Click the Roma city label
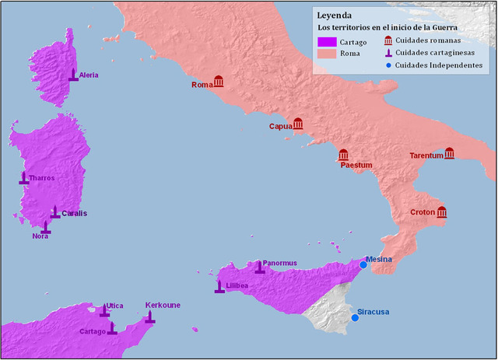(202, 85)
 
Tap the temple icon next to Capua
(297, 124)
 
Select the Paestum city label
(356, 166)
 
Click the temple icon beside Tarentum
(450, 154)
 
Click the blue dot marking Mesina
(363, 265)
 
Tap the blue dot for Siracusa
(355, 317)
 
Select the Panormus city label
(280, 263)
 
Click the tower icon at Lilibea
(219, 287)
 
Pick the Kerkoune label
(163, 305)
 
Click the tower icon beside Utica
(104, 310)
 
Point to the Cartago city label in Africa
(92, 331)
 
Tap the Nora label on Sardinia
(40, 236)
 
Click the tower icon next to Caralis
(54, 211)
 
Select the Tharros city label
(42, 178)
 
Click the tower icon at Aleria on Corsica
(73, 75)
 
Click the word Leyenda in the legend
(334, 14)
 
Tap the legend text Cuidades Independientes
(439, 65)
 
